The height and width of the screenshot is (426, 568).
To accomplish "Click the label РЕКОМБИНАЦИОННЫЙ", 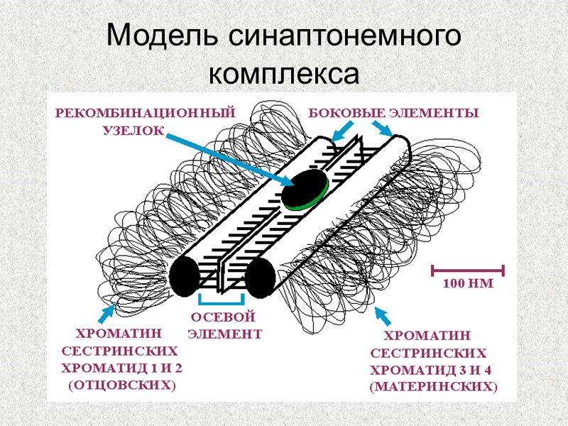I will click(145, 113).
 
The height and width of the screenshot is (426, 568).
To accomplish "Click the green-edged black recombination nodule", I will click(305, 188).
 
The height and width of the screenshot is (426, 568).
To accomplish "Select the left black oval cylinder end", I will click(184, 276).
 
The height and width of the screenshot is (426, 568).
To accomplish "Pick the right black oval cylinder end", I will click(260, 277).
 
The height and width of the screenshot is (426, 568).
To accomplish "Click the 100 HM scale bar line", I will click(466, 270).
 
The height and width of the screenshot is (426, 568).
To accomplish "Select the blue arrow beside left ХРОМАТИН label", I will click(108, 311).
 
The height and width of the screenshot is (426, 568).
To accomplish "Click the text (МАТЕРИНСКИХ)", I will click(434, 387).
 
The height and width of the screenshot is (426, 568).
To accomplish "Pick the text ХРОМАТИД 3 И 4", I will click(431, 369).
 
